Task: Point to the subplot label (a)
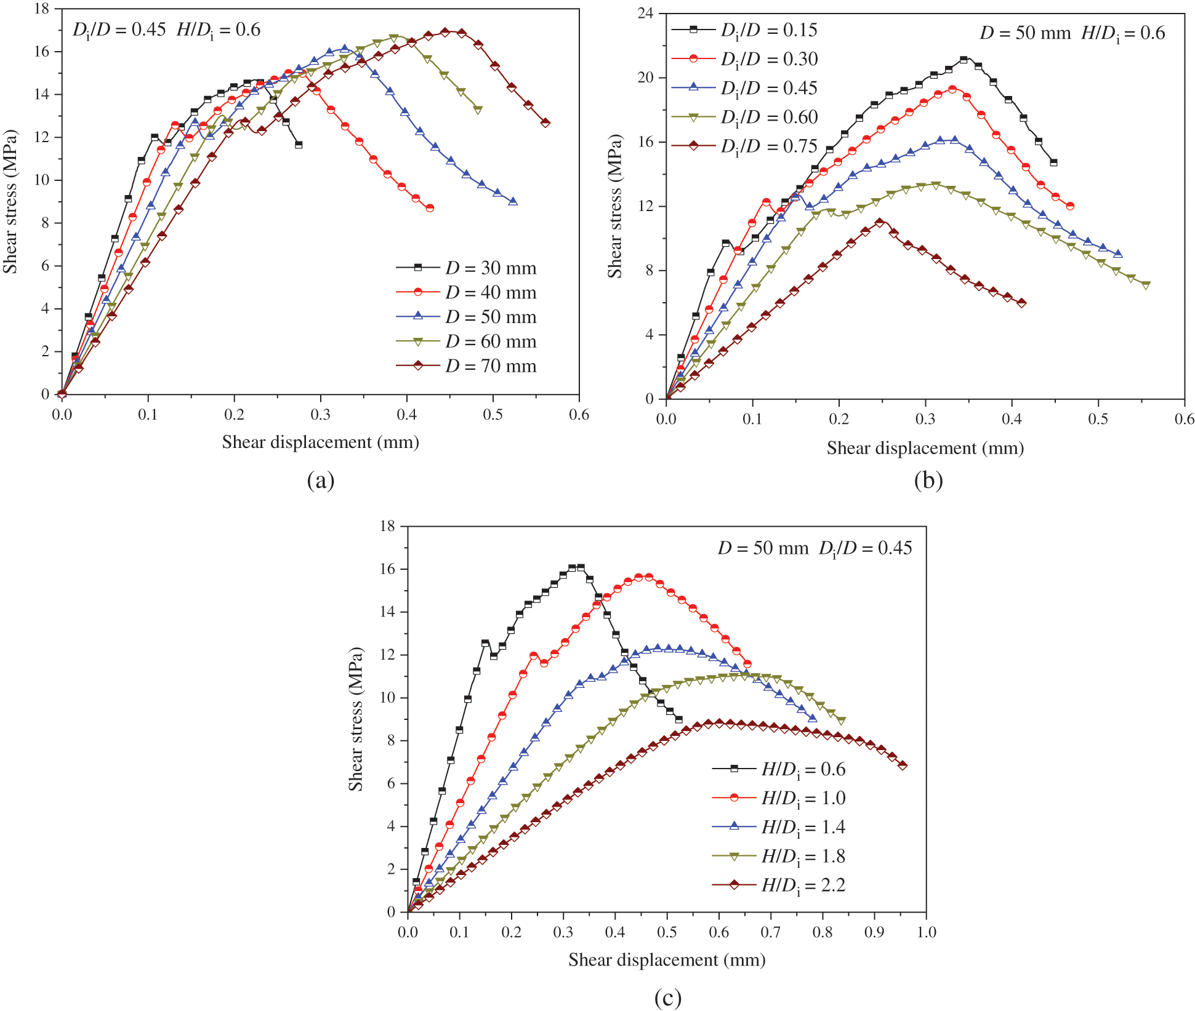[321, 480]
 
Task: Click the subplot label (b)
[928, 480]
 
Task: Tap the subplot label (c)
[667, 997]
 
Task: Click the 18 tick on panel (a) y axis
[42, 9]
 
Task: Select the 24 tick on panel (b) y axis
[646, 14]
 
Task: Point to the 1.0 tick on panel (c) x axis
[927, 932]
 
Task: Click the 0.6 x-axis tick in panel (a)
[579, 415]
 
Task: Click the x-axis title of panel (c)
[667, 960]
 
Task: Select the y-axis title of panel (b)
[615, 206]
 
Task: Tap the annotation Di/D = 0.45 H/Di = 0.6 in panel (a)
[166, 30]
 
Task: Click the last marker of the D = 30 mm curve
[299, 145]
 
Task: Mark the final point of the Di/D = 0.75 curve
[1022, 303]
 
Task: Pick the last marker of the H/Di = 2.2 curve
[903, 765]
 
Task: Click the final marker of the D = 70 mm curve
[545, 123]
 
